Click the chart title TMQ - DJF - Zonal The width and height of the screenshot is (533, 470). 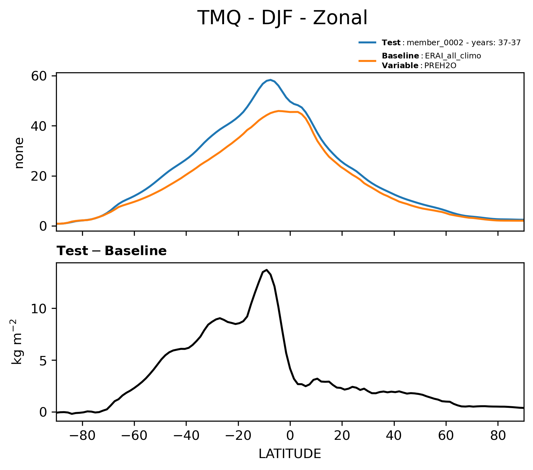[282, 18]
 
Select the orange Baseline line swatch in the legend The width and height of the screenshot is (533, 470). [367, 61]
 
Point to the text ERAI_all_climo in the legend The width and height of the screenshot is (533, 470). [453, 56]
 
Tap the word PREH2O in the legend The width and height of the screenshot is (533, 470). [440, 66]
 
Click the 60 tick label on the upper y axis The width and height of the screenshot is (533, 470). [39, 76]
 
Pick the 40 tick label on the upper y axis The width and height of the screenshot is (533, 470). [39, 126]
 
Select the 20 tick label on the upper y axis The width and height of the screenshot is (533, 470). [39, 176]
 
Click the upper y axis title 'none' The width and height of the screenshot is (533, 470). [19, 153]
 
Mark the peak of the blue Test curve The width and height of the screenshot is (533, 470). [270, 80]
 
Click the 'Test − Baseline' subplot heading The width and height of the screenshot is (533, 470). [112, 251]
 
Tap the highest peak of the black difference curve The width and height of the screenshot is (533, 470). [266, 270]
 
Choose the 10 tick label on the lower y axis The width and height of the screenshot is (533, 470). [39, 309]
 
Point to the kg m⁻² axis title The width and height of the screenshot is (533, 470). [18, 342]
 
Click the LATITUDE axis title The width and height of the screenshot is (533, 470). [290, 454]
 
